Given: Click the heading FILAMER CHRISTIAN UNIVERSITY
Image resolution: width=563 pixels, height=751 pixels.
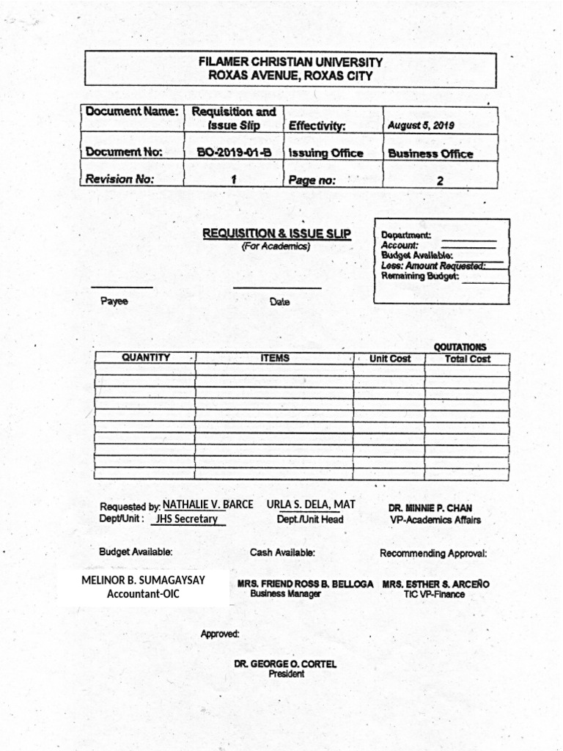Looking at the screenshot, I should click(x=290, y=63).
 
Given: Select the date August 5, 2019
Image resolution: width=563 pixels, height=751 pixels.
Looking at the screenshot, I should click(x=421, y=125).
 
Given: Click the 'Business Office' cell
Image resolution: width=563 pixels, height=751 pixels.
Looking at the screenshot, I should click(x=430, y=154).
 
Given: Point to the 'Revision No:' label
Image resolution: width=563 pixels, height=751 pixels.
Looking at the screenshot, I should click(x=120, y=179).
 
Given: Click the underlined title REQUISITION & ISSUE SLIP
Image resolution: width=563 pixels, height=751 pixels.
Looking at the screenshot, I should click(x=276, y=234).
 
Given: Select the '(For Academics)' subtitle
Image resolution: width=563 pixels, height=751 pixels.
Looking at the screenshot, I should click(x=276, y=246).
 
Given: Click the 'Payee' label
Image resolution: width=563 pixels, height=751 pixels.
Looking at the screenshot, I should click(x=114, y=301).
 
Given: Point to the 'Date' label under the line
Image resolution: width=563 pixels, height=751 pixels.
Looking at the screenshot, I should click(x=279, y=301).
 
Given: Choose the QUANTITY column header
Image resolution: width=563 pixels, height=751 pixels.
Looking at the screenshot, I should click(x=145, y=358).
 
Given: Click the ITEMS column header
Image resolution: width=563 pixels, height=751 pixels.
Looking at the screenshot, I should click(x=274, y=358).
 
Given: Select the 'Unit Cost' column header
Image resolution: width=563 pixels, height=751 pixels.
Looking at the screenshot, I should click(x=390, y=359).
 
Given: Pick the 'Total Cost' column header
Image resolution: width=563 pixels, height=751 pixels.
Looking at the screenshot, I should click(x=467, y=359).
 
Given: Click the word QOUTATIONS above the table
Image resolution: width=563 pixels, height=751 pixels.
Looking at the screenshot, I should click(x=460, y=347).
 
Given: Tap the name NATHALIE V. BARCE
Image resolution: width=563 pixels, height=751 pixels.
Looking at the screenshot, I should click(x=207, y=505).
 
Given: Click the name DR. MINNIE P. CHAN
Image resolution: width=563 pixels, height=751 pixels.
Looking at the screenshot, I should click(x=430, y=508).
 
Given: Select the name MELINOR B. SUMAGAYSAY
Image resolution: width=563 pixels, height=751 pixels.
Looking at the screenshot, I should click(x=143, y=580).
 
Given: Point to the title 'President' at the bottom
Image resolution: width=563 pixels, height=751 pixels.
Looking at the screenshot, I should click(x=286, y=674).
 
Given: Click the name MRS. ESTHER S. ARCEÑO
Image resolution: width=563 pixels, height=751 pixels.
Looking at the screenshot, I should click(x=435, y=585).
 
